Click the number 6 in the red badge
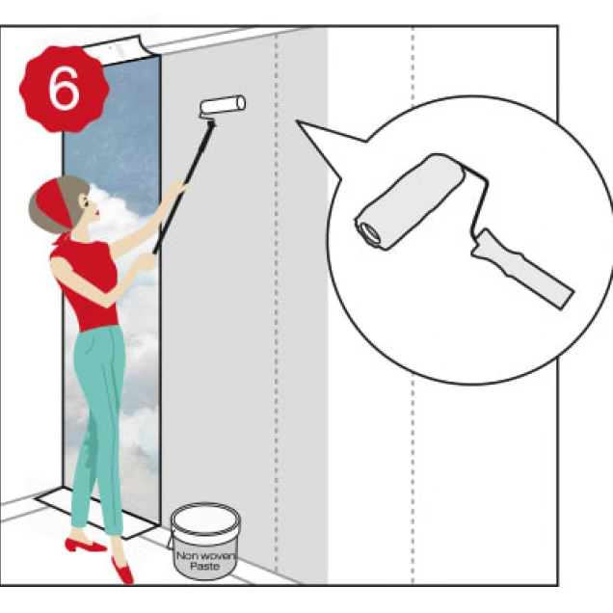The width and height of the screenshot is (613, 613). coord(64,89)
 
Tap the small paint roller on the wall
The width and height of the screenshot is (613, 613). coord(223,106)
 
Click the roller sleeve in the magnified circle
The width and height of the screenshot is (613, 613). coord(411,202)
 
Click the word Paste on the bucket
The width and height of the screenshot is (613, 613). coord(204,566)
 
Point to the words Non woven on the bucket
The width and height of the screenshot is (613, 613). coord(206,555)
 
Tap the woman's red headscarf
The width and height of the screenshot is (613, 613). coord(54,203)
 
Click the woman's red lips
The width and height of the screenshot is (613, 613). coord(98,213)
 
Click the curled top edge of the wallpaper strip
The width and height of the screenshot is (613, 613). coord(118,49)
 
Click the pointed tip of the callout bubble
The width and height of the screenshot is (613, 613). coord(297,120)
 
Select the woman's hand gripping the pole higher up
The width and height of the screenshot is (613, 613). coord(179,188)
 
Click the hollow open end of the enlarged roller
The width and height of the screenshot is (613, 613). coord(369,233)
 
